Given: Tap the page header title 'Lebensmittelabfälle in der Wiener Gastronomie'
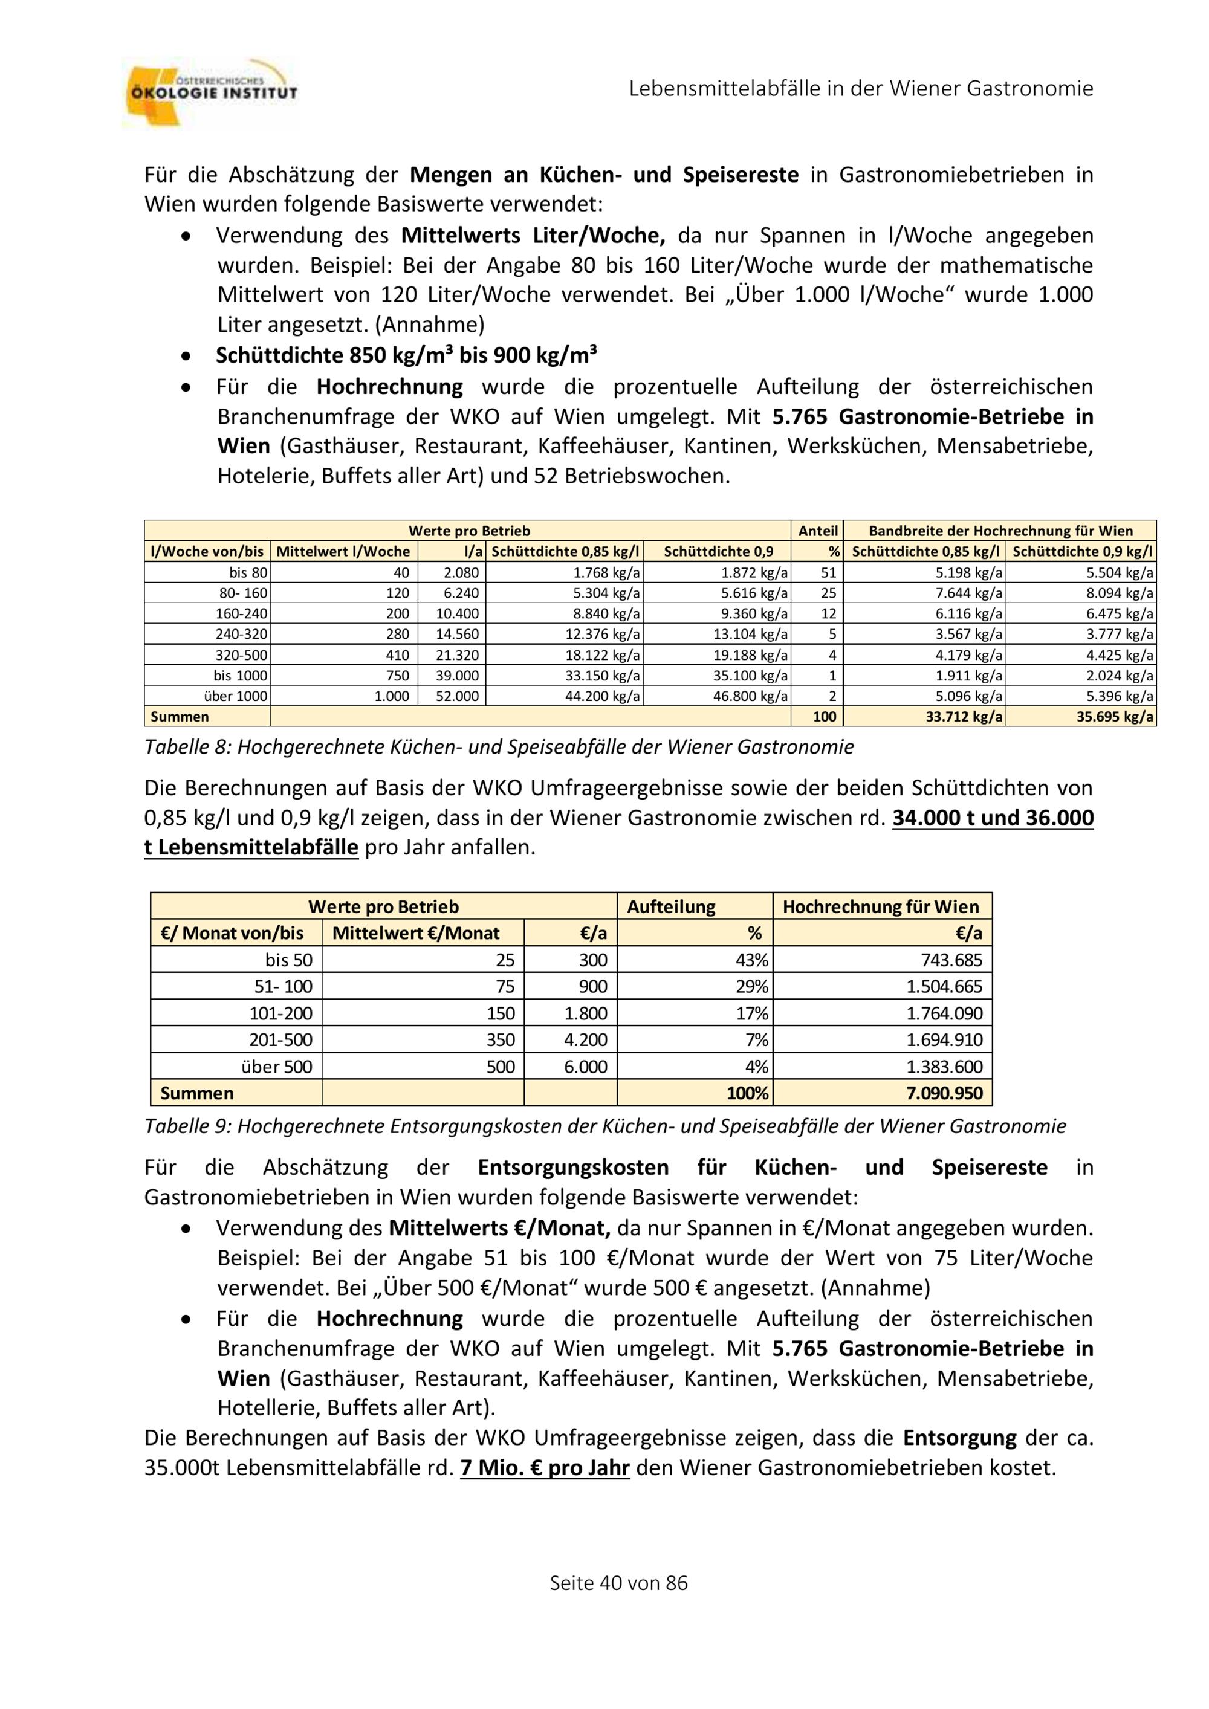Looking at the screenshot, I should (861, 89).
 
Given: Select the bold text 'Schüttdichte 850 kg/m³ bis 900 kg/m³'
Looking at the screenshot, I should (406, 355).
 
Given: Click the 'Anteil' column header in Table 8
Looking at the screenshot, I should (817, 531).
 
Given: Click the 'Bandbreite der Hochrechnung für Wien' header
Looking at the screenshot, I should (1000, 531).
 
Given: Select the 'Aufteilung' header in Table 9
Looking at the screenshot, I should (671, 906).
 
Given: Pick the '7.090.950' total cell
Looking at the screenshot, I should (944, 1093).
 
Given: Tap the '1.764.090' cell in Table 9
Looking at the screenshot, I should (944, 1013).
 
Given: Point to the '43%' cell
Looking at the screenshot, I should (751, 960).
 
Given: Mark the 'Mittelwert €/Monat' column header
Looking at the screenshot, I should (415, 934).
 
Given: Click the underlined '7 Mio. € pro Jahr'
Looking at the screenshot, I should (545, 1468).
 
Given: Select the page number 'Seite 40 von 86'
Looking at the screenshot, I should (618, 1583).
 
